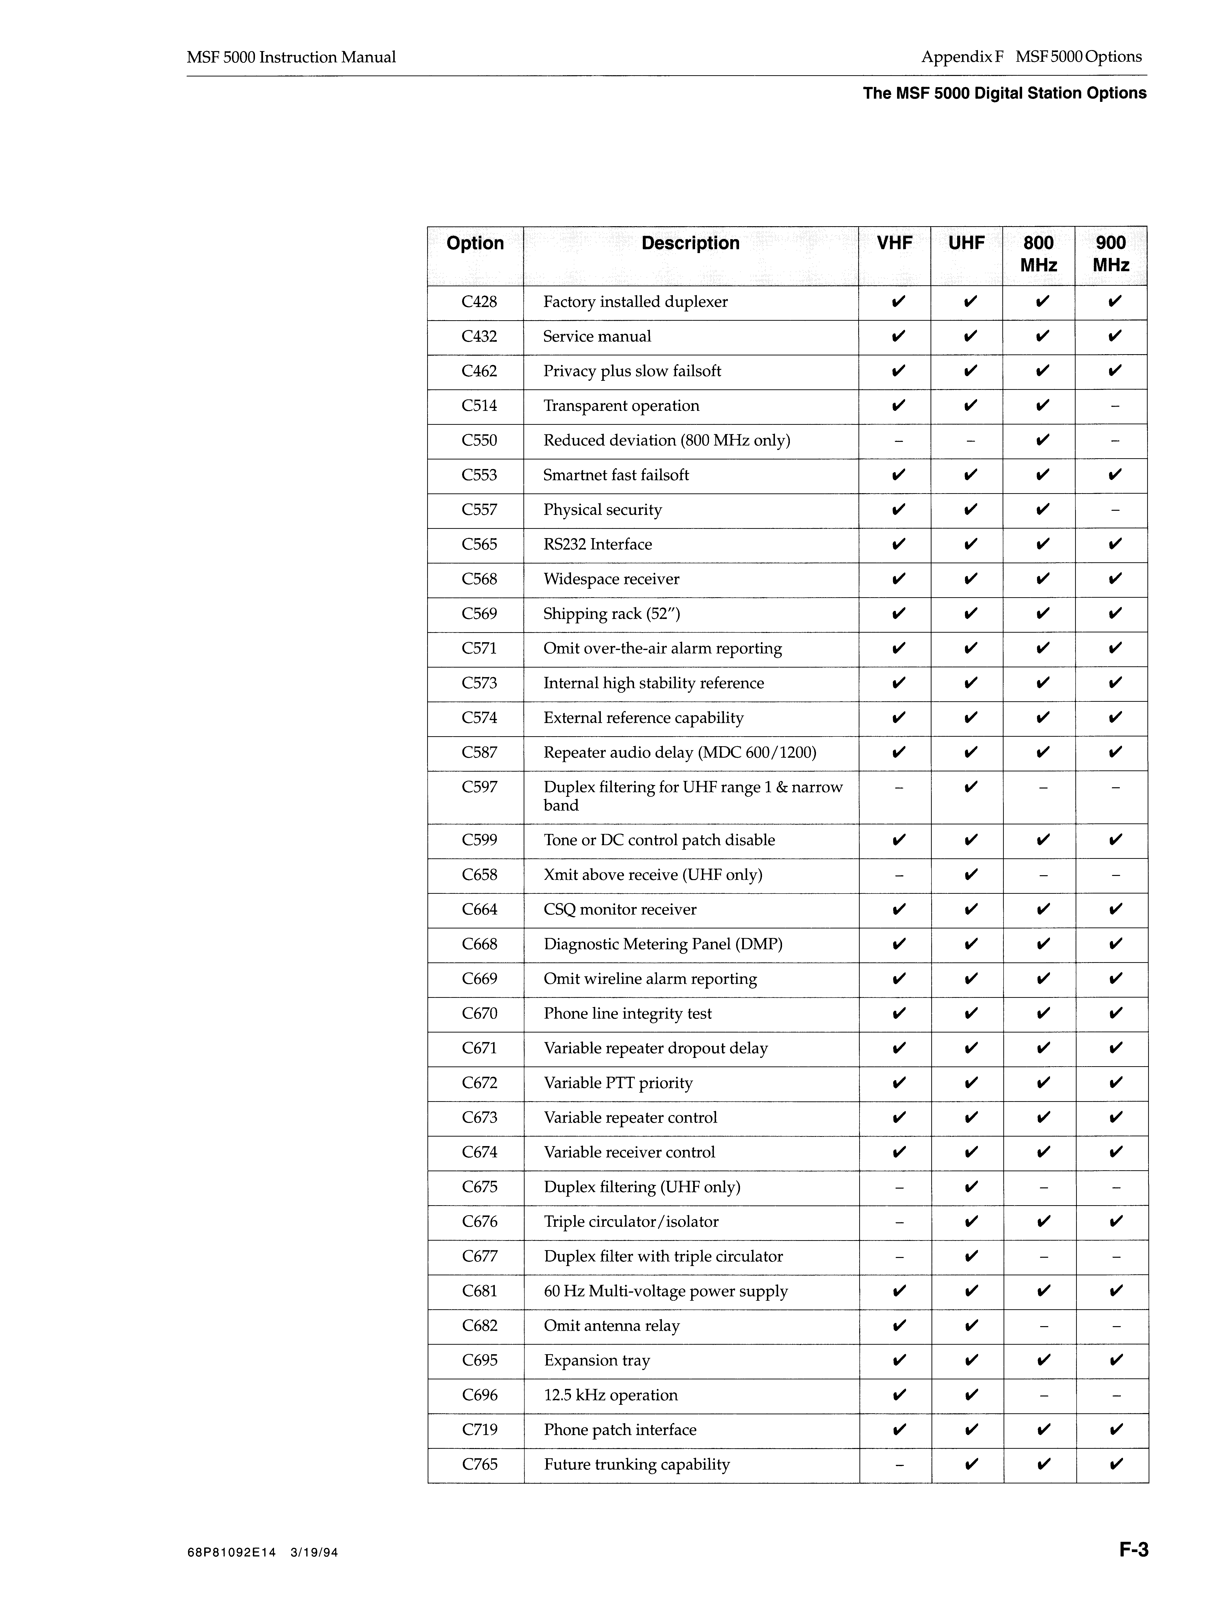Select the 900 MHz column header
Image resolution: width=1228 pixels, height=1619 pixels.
click(1111, 253)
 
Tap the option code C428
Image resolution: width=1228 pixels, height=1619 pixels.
click(479, 302)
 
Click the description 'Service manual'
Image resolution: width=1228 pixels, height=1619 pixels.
click(596, 337)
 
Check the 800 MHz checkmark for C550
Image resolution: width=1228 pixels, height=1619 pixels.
click(1042, 441)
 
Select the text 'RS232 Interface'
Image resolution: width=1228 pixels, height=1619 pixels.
click(597, 544)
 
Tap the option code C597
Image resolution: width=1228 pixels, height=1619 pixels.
click(479, 788)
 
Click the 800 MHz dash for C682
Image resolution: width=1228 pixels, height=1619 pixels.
click(1044, 1326)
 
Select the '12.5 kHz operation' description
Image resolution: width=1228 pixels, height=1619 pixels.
click(610, 1395)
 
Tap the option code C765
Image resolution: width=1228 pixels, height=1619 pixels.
click(479, 1465)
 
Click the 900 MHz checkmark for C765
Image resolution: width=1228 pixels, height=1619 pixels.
click(1115, 1465)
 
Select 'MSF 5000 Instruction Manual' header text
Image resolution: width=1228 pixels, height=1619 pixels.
click(291, 57)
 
